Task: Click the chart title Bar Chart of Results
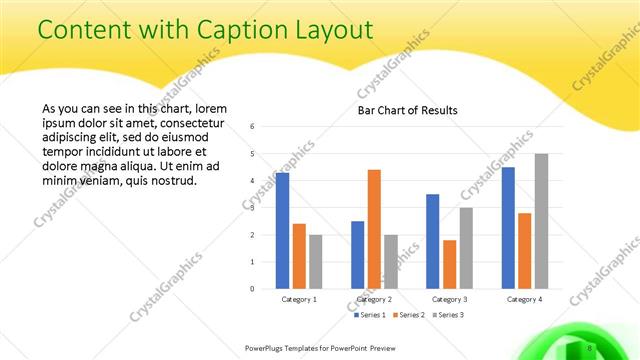point(408,110)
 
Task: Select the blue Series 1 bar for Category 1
point(283,231)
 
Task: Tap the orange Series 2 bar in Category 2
point(374,229)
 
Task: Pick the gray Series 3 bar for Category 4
point(541,221)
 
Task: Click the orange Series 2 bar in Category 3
point(449,264)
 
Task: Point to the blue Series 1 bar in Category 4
point(508,228)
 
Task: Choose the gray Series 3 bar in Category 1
point(315,262)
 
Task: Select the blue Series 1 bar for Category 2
point(357,255)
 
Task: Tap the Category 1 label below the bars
point(299,299)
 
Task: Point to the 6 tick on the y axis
point(252,127)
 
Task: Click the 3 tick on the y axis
point(252,208)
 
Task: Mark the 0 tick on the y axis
point(252,289)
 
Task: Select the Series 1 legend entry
point(372,315)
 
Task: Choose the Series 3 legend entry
point(447,315)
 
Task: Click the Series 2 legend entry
point(410,315)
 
